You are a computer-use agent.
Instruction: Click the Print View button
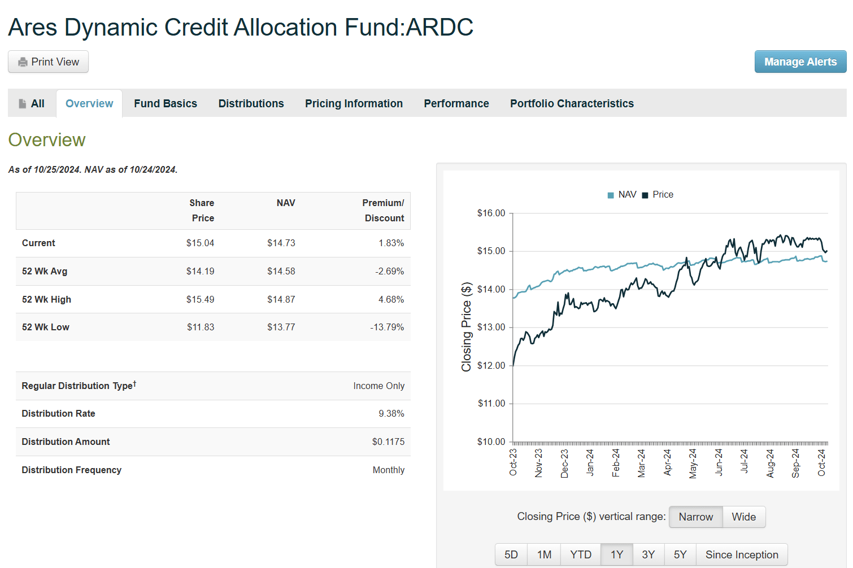pyautogui.click(x=48, y=62)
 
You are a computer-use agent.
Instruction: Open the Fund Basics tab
pyautogui.click(x=166, y=104)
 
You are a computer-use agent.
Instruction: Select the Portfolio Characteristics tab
pyautogui.click(x=572, y=104)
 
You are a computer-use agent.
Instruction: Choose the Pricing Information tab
pyautogui.click(x=354, y=104)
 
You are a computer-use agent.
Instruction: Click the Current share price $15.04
pyautogui.click(x=200, y=243)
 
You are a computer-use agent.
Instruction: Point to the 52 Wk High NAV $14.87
pyautogui.click(x=281, y=300)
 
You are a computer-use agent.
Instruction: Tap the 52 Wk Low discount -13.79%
pyautogui.click(x=387, y=327)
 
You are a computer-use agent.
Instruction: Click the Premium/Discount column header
pyautogui.click(x=384, y=211)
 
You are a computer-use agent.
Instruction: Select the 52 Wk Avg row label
pyautogui.click(x=45, y=272)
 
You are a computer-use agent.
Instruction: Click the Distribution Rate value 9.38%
pyautogui.click(x=391, y=414)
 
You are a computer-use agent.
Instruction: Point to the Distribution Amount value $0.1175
pyautogui.click(x=388, y=442)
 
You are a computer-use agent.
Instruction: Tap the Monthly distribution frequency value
pyautogui.click(x=388, y=470)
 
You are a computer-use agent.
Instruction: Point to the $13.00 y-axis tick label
pyautogui.click(x=491, y=327)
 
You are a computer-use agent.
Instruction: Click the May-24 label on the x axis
pyautogui.click(x=693, y=464)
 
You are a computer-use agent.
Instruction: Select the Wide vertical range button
pyautogui.click(x=743, y=517)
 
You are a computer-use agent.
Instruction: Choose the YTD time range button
pyautogui.click(x=580, y=555)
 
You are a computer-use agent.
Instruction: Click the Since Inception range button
pyautogui.click(x=741, y=555)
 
